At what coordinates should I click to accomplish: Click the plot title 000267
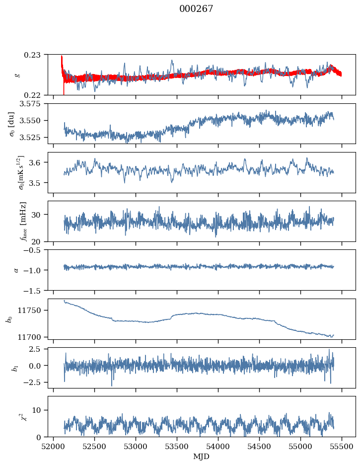point(196,9)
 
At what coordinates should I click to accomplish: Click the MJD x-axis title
point(201,457)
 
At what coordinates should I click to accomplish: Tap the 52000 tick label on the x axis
point(54,446)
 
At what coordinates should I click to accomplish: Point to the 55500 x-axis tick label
point(341,446)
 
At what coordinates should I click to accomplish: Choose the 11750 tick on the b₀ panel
point(32,310)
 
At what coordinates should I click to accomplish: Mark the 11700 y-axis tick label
point(32,337)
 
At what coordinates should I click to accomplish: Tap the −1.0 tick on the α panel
point(34,270)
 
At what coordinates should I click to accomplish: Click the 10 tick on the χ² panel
point(39,410)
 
